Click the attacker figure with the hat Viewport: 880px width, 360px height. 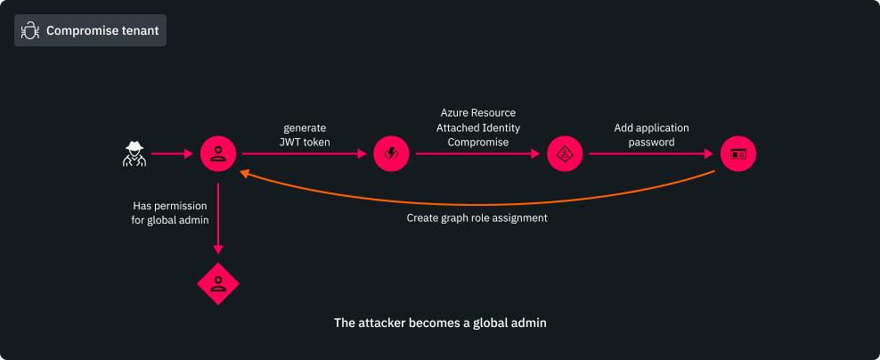[x=134, y=154]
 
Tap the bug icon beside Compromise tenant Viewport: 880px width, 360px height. [x=30, y=31]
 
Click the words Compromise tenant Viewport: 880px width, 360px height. [x=102, y=31]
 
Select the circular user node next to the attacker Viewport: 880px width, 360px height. [x=217, y=154]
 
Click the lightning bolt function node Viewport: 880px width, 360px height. [x=391, y=154]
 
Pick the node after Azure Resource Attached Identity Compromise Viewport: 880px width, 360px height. [x=565, y=154]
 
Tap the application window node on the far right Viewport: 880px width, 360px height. [x=738, y=154]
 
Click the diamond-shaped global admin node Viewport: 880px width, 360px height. [x=217, y=284]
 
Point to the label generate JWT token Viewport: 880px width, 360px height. [x=304, y=135]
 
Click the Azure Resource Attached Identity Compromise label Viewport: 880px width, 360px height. [x=478, y=127]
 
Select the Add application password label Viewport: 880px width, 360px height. [x=651, y=135]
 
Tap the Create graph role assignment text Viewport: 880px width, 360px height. [x=477, y=217]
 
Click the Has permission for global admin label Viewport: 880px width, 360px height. [x=170, y=212]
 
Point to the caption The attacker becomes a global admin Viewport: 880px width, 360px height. [x=440, y=323]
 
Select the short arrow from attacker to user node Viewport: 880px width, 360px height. [x=173, y=154]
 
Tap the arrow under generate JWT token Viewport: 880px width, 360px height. [x=304, y=154]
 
